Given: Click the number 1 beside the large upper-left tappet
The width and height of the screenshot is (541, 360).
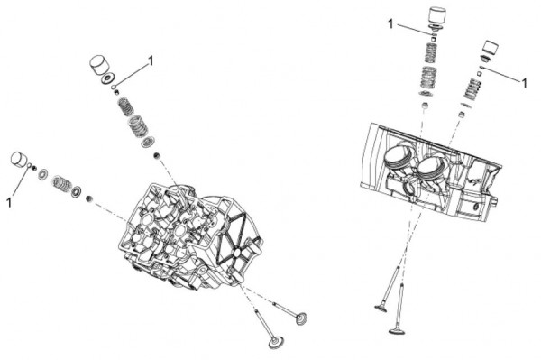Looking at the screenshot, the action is coord(150,61).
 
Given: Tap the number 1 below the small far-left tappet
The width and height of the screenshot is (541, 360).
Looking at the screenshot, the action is coord(9,203).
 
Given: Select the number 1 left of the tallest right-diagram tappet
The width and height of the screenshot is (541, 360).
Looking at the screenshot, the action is coord(390,24).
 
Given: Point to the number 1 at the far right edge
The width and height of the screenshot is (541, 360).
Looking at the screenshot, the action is coord(524,83).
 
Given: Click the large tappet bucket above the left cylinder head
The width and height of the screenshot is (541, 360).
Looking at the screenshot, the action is coord(99,65).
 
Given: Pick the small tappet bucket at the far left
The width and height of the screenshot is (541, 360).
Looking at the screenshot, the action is coord(19,160).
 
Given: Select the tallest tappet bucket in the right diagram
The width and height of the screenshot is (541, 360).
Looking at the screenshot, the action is coord(436,15).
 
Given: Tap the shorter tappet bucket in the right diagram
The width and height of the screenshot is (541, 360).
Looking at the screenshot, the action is coord(491,48).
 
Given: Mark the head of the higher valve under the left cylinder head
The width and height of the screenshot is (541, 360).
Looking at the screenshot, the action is coord(301,318).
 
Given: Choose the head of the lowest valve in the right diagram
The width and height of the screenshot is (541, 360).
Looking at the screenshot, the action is coord(397,331).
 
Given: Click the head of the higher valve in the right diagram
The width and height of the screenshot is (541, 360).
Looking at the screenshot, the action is coord(381,308).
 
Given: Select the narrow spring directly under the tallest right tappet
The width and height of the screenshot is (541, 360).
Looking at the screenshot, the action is coord(431,52).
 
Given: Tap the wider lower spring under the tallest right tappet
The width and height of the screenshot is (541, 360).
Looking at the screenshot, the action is coord(429,78).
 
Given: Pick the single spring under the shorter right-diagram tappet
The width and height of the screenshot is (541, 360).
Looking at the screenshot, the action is coord(472,89).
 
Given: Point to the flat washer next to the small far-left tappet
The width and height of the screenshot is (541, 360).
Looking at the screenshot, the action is coord(43,174).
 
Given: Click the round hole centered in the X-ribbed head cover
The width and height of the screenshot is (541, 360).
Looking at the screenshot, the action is coord(237,253).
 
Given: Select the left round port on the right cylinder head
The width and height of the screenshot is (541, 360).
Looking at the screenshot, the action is coord(398,159).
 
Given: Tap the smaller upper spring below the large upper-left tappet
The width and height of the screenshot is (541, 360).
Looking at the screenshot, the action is coord(125,106).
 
